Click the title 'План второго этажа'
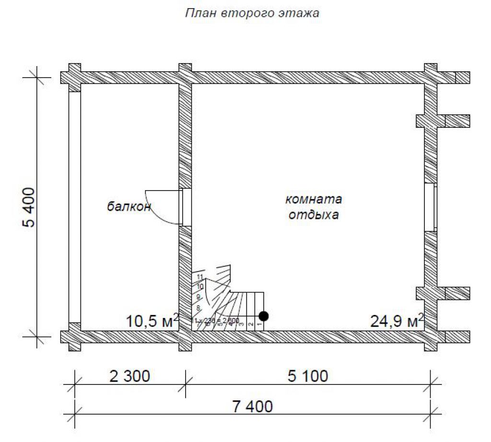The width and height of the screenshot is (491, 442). click(x=252, y=13)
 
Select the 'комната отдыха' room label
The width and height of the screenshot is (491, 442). click(x=314, y=207)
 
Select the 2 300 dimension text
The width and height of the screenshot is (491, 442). click(x=130, y=376)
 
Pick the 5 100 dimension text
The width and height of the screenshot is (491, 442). click(x=308, y=376)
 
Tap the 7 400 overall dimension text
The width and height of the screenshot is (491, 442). click(x=252, y=407)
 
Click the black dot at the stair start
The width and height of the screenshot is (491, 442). click(x=263, y=316)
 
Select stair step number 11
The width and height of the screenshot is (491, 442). click(x=200, y=277)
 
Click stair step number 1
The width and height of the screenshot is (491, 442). click(x=259, y=325)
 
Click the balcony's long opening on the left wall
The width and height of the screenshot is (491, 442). click(x=74, y=207)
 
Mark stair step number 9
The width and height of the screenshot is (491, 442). click(x=198, y=297)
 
